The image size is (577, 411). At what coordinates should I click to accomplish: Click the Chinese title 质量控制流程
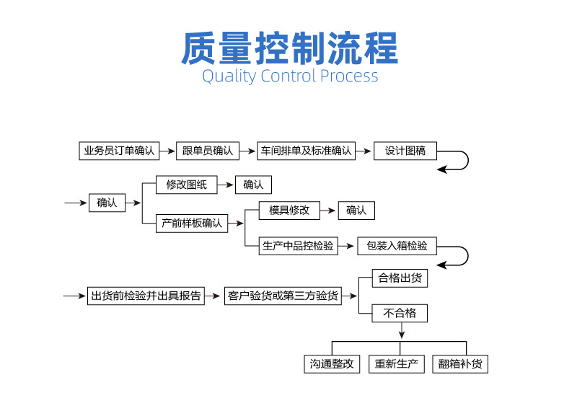[288, 48]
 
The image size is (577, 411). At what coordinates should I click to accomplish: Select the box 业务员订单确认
[119, 151]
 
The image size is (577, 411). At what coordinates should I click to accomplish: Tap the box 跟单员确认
[208, 151]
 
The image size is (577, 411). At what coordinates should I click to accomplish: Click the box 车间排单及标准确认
[307, 151]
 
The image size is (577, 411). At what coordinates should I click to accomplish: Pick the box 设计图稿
[405, 151]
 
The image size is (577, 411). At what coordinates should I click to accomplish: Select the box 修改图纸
[186, 185]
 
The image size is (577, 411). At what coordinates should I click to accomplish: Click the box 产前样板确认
[192, 223]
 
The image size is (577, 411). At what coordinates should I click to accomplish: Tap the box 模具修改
[289, 211]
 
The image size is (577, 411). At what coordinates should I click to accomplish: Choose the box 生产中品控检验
[298, 246]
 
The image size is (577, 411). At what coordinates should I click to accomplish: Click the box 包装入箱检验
[397, 246]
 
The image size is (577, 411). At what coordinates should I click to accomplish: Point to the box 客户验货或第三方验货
[282, 296]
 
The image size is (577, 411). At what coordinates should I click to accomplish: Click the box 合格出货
[400, 278]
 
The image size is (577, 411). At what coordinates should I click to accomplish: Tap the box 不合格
[400, 313]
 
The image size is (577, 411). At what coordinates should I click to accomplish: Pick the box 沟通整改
[330, 364]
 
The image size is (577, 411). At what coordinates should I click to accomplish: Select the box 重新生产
[397, 364]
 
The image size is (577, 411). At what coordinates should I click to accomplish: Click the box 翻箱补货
[460, 364]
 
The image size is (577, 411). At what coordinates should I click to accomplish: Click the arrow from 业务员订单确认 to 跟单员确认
[167, 151]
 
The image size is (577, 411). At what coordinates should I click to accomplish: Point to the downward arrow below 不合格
[402, 331]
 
